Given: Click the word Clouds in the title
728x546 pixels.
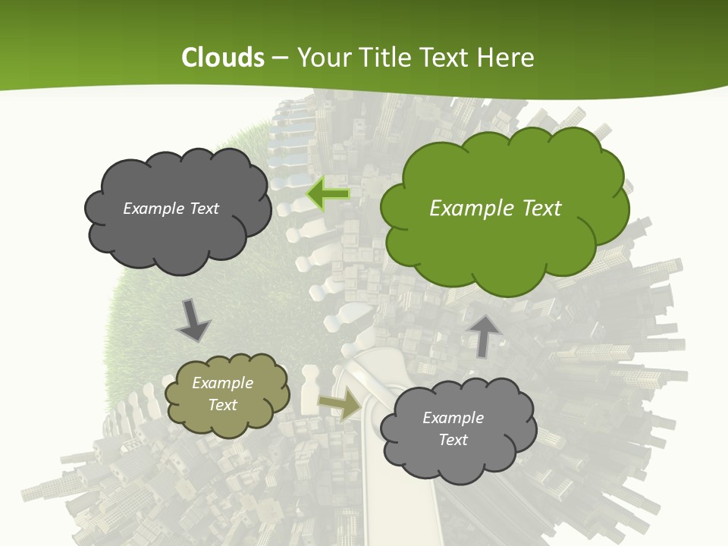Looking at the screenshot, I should point(223,58).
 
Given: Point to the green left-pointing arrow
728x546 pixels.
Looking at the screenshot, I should point(328,195).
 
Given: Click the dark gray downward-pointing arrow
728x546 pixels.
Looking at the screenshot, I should point(193,320).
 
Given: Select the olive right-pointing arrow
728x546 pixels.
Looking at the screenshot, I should point(340,406).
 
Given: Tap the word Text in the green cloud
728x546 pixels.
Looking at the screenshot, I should point(540,209).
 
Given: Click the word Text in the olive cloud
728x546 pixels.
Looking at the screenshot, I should point(223,405).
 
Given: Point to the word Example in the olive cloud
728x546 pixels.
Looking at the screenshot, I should point(223,383).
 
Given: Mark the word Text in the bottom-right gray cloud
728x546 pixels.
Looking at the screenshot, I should point(453,440).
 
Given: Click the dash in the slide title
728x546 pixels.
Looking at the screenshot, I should point(280,58).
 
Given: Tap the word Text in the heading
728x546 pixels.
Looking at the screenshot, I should point(448,58).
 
